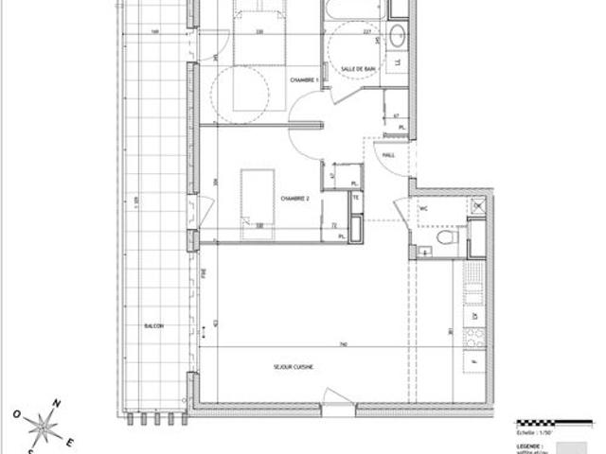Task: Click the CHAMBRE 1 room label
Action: point(302,81)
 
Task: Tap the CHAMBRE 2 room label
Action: point(295,199)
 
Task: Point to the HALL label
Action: point(388,155)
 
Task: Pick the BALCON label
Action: point(153,325)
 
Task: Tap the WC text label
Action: point(423,207)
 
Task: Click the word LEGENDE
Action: point(529,444)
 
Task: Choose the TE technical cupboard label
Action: point(356,199)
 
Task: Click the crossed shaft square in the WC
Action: point(477,205)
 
